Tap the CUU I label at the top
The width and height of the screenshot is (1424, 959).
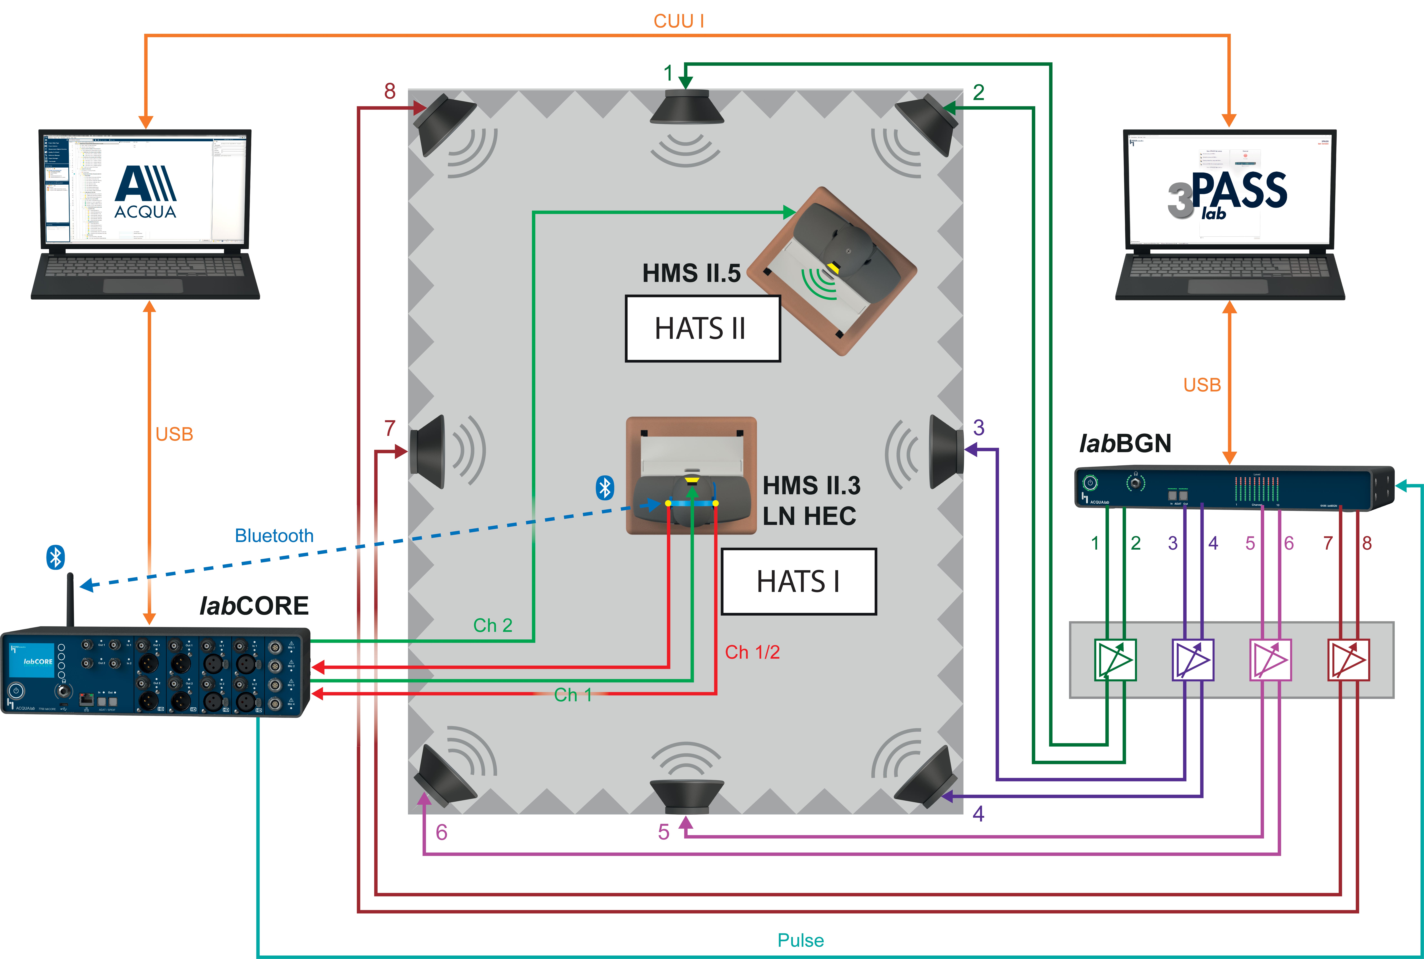pos(679,21)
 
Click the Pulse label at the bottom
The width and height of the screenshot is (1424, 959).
pos(800,940)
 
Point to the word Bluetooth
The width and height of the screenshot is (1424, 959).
pos(274,536)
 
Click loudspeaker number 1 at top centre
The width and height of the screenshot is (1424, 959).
pos(686,107)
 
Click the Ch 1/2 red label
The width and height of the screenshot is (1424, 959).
pos(752,652)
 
